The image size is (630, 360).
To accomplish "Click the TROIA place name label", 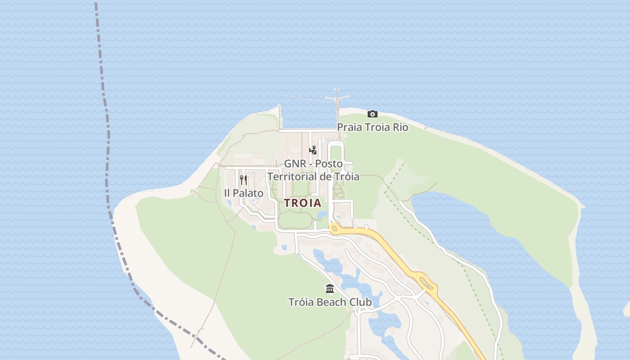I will (x=303, y=203).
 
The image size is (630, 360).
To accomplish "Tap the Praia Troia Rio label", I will (x=373, y=127).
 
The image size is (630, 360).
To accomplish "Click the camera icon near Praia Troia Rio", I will (x=372, y=114).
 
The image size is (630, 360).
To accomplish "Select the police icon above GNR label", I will (x=313, y=150).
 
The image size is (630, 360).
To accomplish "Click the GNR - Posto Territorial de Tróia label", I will (x=313, y=170).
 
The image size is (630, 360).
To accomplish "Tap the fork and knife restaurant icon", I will (x=243, y=180).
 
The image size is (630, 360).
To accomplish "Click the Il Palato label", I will (x=243, y=193).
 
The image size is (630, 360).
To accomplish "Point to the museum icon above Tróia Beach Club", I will (x=330, y=288).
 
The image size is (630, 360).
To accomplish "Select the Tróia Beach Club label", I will (x=330, y=302).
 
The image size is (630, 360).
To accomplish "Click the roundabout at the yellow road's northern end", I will (x=334, y=229).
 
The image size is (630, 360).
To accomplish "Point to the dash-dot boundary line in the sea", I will (x=108, y=135).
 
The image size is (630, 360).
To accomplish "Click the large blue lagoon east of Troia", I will (x=495, y=252).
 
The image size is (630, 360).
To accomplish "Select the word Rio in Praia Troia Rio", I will (x=400, y=127).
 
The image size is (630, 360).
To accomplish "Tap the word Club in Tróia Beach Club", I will (x=360, y=302).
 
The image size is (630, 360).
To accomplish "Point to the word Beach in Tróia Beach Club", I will (x=332, y=302).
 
